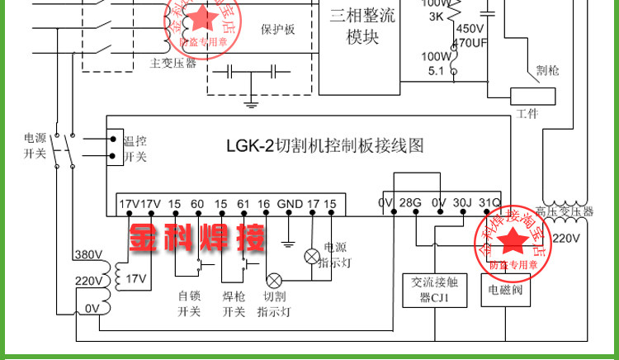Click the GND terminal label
(x=290, y=204)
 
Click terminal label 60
(x=196, y=204)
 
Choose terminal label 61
(x=243, y=204)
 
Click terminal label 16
(x=263, y=204)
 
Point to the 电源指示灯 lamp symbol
(x=311, y=256)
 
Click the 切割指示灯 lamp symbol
(x=274, y=280)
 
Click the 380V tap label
(x=87, y=254)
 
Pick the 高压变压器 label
(x=563, y=211)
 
